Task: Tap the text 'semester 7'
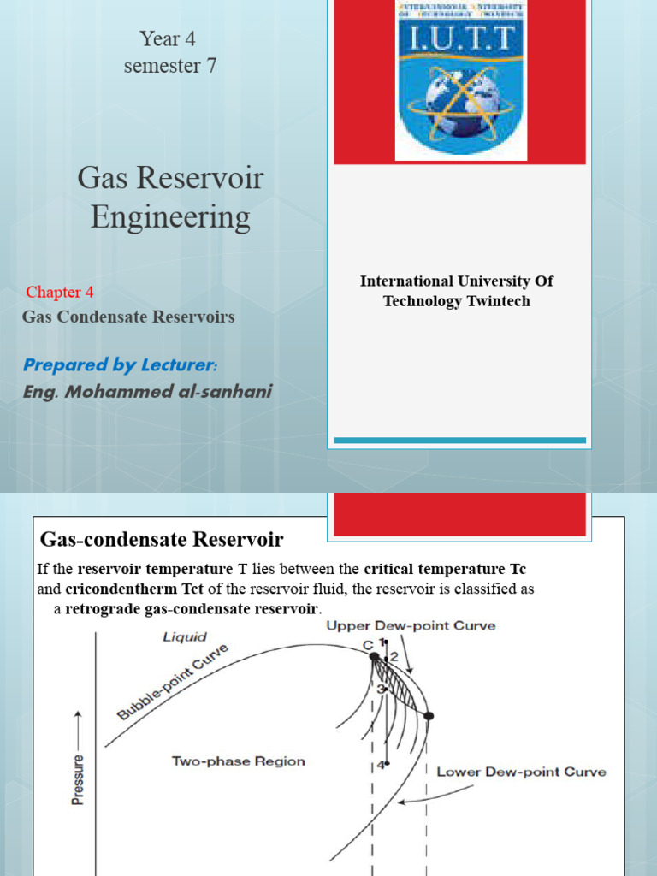coord(170,65)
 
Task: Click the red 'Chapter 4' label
coord(60,293)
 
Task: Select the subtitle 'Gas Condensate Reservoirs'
coord(128,317)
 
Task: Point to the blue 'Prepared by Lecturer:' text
coord(120,365)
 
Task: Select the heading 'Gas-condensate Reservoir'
coord(162,540)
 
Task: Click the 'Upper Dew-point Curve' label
coord(411,626)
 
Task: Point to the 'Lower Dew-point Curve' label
coord(521,772)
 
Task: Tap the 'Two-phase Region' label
coord(238,761)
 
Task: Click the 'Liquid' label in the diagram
coord(186,637)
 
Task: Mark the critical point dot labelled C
coord(375,656)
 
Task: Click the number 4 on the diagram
coord(381,766)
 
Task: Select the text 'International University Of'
coord(457,281)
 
